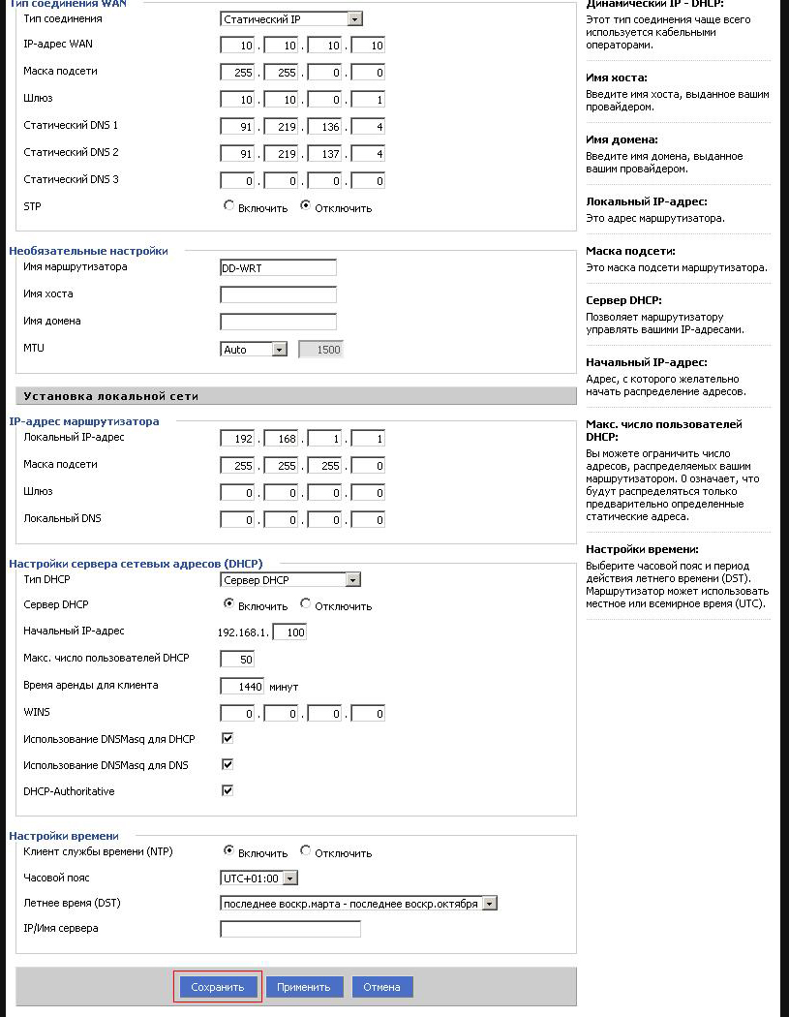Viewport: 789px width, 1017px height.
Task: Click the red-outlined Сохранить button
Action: tap(218, 987)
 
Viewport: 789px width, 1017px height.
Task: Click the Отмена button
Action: tap(382, 987)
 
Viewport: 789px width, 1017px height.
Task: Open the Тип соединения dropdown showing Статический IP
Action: tap(291, 18)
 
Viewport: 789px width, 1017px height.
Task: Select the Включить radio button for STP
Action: tap(229, 206)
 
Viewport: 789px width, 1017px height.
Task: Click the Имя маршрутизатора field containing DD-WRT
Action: tap(278, 268)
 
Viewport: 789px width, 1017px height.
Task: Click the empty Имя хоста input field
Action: tap(278, 294)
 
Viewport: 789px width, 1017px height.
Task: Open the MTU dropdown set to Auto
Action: tap(254, 350)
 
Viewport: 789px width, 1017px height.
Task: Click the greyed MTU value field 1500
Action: tap(321, 350)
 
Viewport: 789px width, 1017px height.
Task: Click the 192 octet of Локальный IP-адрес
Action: tap(237, 439)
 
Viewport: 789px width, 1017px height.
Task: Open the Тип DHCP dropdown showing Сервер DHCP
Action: tap(291, 580)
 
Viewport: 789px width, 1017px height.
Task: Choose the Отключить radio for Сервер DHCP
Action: tap(306, 604)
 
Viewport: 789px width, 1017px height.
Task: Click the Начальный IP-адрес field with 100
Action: tap(289, 632)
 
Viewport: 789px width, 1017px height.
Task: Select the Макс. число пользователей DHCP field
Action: tap(237, 660)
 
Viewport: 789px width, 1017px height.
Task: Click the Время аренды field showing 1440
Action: tap(242, 687)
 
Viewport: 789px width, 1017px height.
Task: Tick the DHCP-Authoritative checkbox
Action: tap(228, 791)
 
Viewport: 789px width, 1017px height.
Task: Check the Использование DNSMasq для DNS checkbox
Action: tap(228, 765)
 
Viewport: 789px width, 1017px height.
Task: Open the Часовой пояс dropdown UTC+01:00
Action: tap(258, 878)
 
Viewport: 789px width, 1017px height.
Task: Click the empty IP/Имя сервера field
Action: tap(290, 930)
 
